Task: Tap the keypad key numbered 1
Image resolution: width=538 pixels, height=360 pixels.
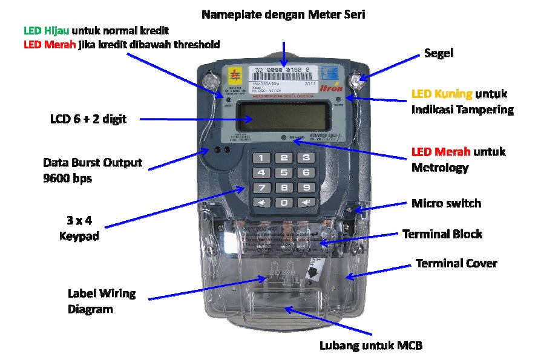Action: [x=261, y=159]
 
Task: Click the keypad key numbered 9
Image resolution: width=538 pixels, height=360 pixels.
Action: [x=307, y=188]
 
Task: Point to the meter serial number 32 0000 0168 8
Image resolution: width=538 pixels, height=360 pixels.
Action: [x=283, y=71]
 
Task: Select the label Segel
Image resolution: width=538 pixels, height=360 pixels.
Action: [x=439, y=54]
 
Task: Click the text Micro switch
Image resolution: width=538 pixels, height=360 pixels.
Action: [x=446, y=203]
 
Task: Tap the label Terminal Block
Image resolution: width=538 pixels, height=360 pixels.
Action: [x=442, y=234]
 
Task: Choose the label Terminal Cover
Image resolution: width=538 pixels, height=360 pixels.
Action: [x=456, y=263]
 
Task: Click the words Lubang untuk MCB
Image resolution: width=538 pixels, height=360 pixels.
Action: [x=370, y=346]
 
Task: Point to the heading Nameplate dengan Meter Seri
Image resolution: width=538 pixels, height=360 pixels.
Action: [x=283, y=14]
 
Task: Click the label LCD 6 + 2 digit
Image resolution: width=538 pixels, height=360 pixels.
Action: [x=88, y=119]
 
